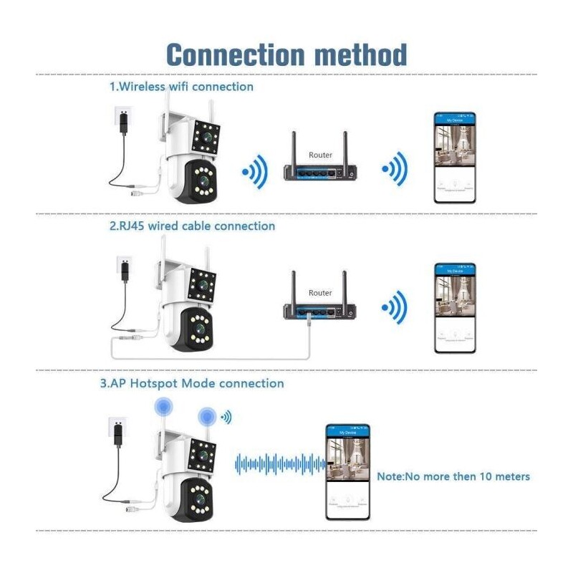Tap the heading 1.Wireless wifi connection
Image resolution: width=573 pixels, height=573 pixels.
coord(181,87)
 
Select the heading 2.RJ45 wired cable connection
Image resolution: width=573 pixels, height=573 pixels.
coord(192,226)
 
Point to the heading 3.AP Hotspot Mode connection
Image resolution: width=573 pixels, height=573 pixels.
coord(192,384)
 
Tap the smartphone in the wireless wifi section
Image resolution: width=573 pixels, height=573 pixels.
coord(455,158)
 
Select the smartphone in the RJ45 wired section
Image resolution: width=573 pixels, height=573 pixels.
coord(455,308)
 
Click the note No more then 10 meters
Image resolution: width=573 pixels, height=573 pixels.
coord(453,476)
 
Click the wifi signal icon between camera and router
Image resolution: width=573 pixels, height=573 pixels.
coord(254,172)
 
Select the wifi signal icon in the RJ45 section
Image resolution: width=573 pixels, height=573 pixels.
coord(395,309)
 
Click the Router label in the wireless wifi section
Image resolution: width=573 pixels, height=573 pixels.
coord(320,155)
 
